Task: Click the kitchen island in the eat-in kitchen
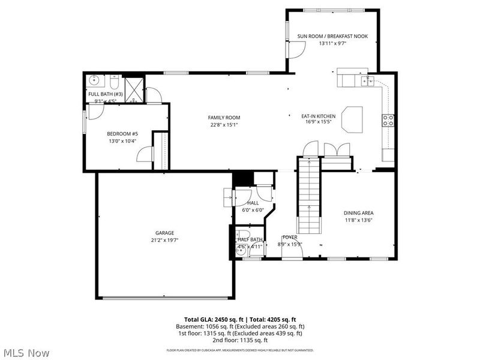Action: point(353,118)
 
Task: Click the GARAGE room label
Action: point(164,233)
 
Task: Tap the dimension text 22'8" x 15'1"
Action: point(224,125)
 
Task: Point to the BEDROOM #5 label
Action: point(122,134)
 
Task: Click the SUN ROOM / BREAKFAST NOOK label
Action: point(332,36)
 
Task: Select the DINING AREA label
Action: point(359,213)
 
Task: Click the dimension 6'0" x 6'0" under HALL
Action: point(253,210)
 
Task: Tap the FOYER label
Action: point(290,237)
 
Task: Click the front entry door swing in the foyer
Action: point(292,251)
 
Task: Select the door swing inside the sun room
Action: point(295,52)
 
